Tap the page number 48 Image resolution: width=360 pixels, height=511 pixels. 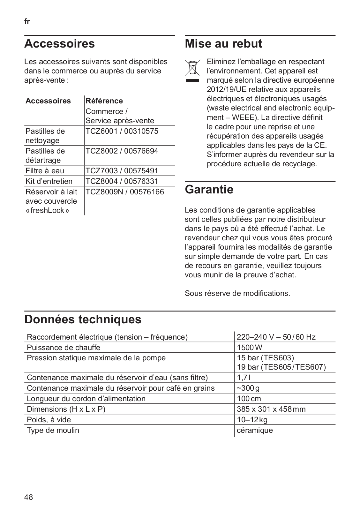[28, 497]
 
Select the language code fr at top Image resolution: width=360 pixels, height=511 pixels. [27, 22]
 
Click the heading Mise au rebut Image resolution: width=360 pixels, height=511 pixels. [223, 44]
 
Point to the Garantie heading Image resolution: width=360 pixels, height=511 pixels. [209, 190]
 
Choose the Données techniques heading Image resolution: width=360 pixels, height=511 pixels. [83, 319]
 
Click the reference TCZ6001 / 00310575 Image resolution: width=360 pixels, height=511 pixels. [122, 131]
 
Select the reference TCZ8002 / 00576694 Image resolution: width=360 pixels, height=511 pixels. [122, 151]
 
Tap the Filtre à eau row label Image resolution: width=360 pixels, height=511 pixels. [45, 171]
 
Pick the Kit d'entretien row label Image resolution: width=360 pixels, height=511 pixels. [49, 181]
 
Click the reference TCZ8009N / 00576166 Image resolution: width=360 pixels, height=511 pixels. [124, 192]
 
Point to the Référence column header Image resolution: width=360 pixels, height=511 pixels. [104, 101]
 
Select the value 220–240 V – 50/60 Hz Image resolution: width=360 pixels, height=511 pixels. [276, 337]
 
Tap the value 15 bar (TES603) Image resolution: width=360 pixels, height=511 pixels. [265, 358]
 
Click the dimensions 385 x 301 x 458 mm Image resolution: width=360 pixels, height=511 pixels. [271, 409]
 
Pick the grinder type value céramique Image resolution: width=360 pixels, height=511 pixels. [255, 430]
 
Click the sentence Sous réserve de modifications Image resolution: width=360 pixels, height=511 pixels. [237, 293]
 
